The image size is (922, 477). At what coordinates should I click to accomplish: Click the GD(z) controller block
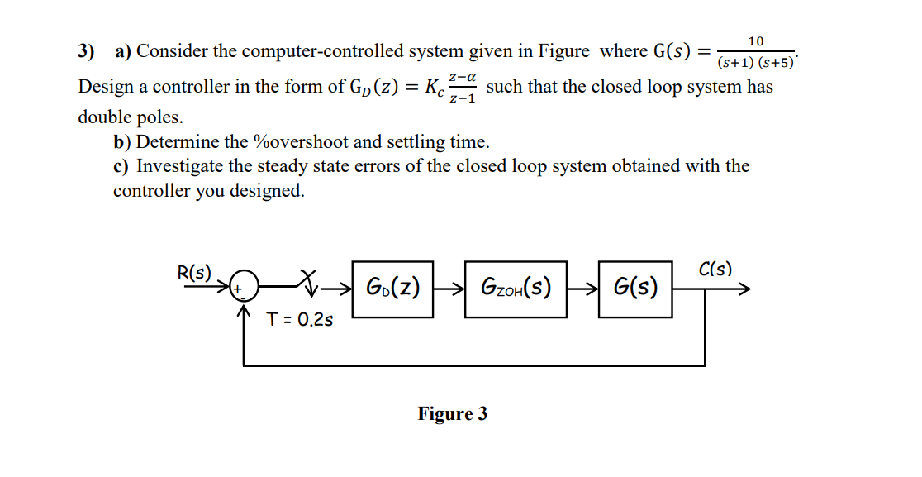tap(393, 289)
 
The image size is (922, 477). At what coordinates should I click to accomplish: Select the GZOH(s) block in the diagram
tap(516, 289)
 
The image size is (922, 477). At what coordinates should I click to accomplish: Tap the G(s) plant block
tap(636, 289)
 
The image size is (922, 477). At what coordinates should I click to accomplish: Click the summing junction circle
tap(244, 289)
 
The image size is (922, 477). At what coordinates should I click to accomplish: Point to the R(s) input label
tap(194, 272)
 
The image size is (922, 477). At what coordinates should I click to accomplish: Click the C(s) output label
tap(715, 270)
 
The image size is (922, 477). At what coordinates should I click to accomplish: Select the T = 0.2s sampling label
tap(300, 320)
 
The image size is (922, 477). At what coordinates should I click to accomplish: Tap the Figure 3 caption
tap(452, 413)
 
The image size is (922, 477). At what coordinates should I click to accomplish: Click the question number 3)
tap(87, 52)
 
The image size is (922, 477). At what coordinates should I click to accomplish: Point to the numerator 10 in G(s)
tap(755, 41)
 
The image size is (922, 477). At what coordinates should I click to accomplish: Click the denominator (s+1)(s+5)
tap(755, 62)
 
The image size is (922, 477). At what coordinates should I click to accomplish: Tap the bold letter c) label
tap(121, 166)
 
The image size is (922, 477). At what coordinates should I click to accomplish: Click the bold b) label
tap(122, 142)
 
